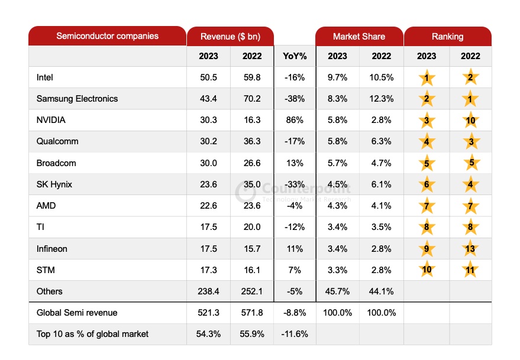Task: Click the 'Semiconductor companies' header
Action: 107,36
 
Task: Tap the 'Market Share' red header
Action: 358,37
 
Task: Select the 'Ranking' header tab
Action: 447,37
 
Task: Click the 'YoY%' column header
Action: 294,56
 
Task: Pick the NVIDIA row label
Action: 51,120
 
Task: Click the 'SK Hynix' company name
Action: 54,184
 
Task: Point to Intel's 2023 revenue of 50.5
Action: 208,77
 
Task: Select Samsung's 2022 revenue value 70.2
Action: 251,99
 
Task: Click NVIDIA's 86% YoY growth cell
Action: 294,120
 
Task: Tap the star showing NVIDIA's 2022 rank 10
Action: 470,121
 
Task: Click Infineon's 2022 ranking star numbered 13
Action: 470,249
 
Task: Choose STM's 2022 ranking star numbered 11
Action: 470,270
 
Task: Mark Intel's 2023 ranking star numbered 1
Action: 426,78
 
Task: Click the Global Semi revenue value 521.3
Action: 208,313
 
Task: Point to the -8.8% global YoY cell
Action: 294,313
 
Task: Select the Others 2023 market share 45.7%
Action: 337,291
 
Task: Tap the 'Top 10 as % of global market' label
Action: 92,334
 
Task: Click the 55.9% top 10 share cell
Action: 251,334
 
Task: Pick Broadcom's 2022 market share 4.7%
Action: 382,163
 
